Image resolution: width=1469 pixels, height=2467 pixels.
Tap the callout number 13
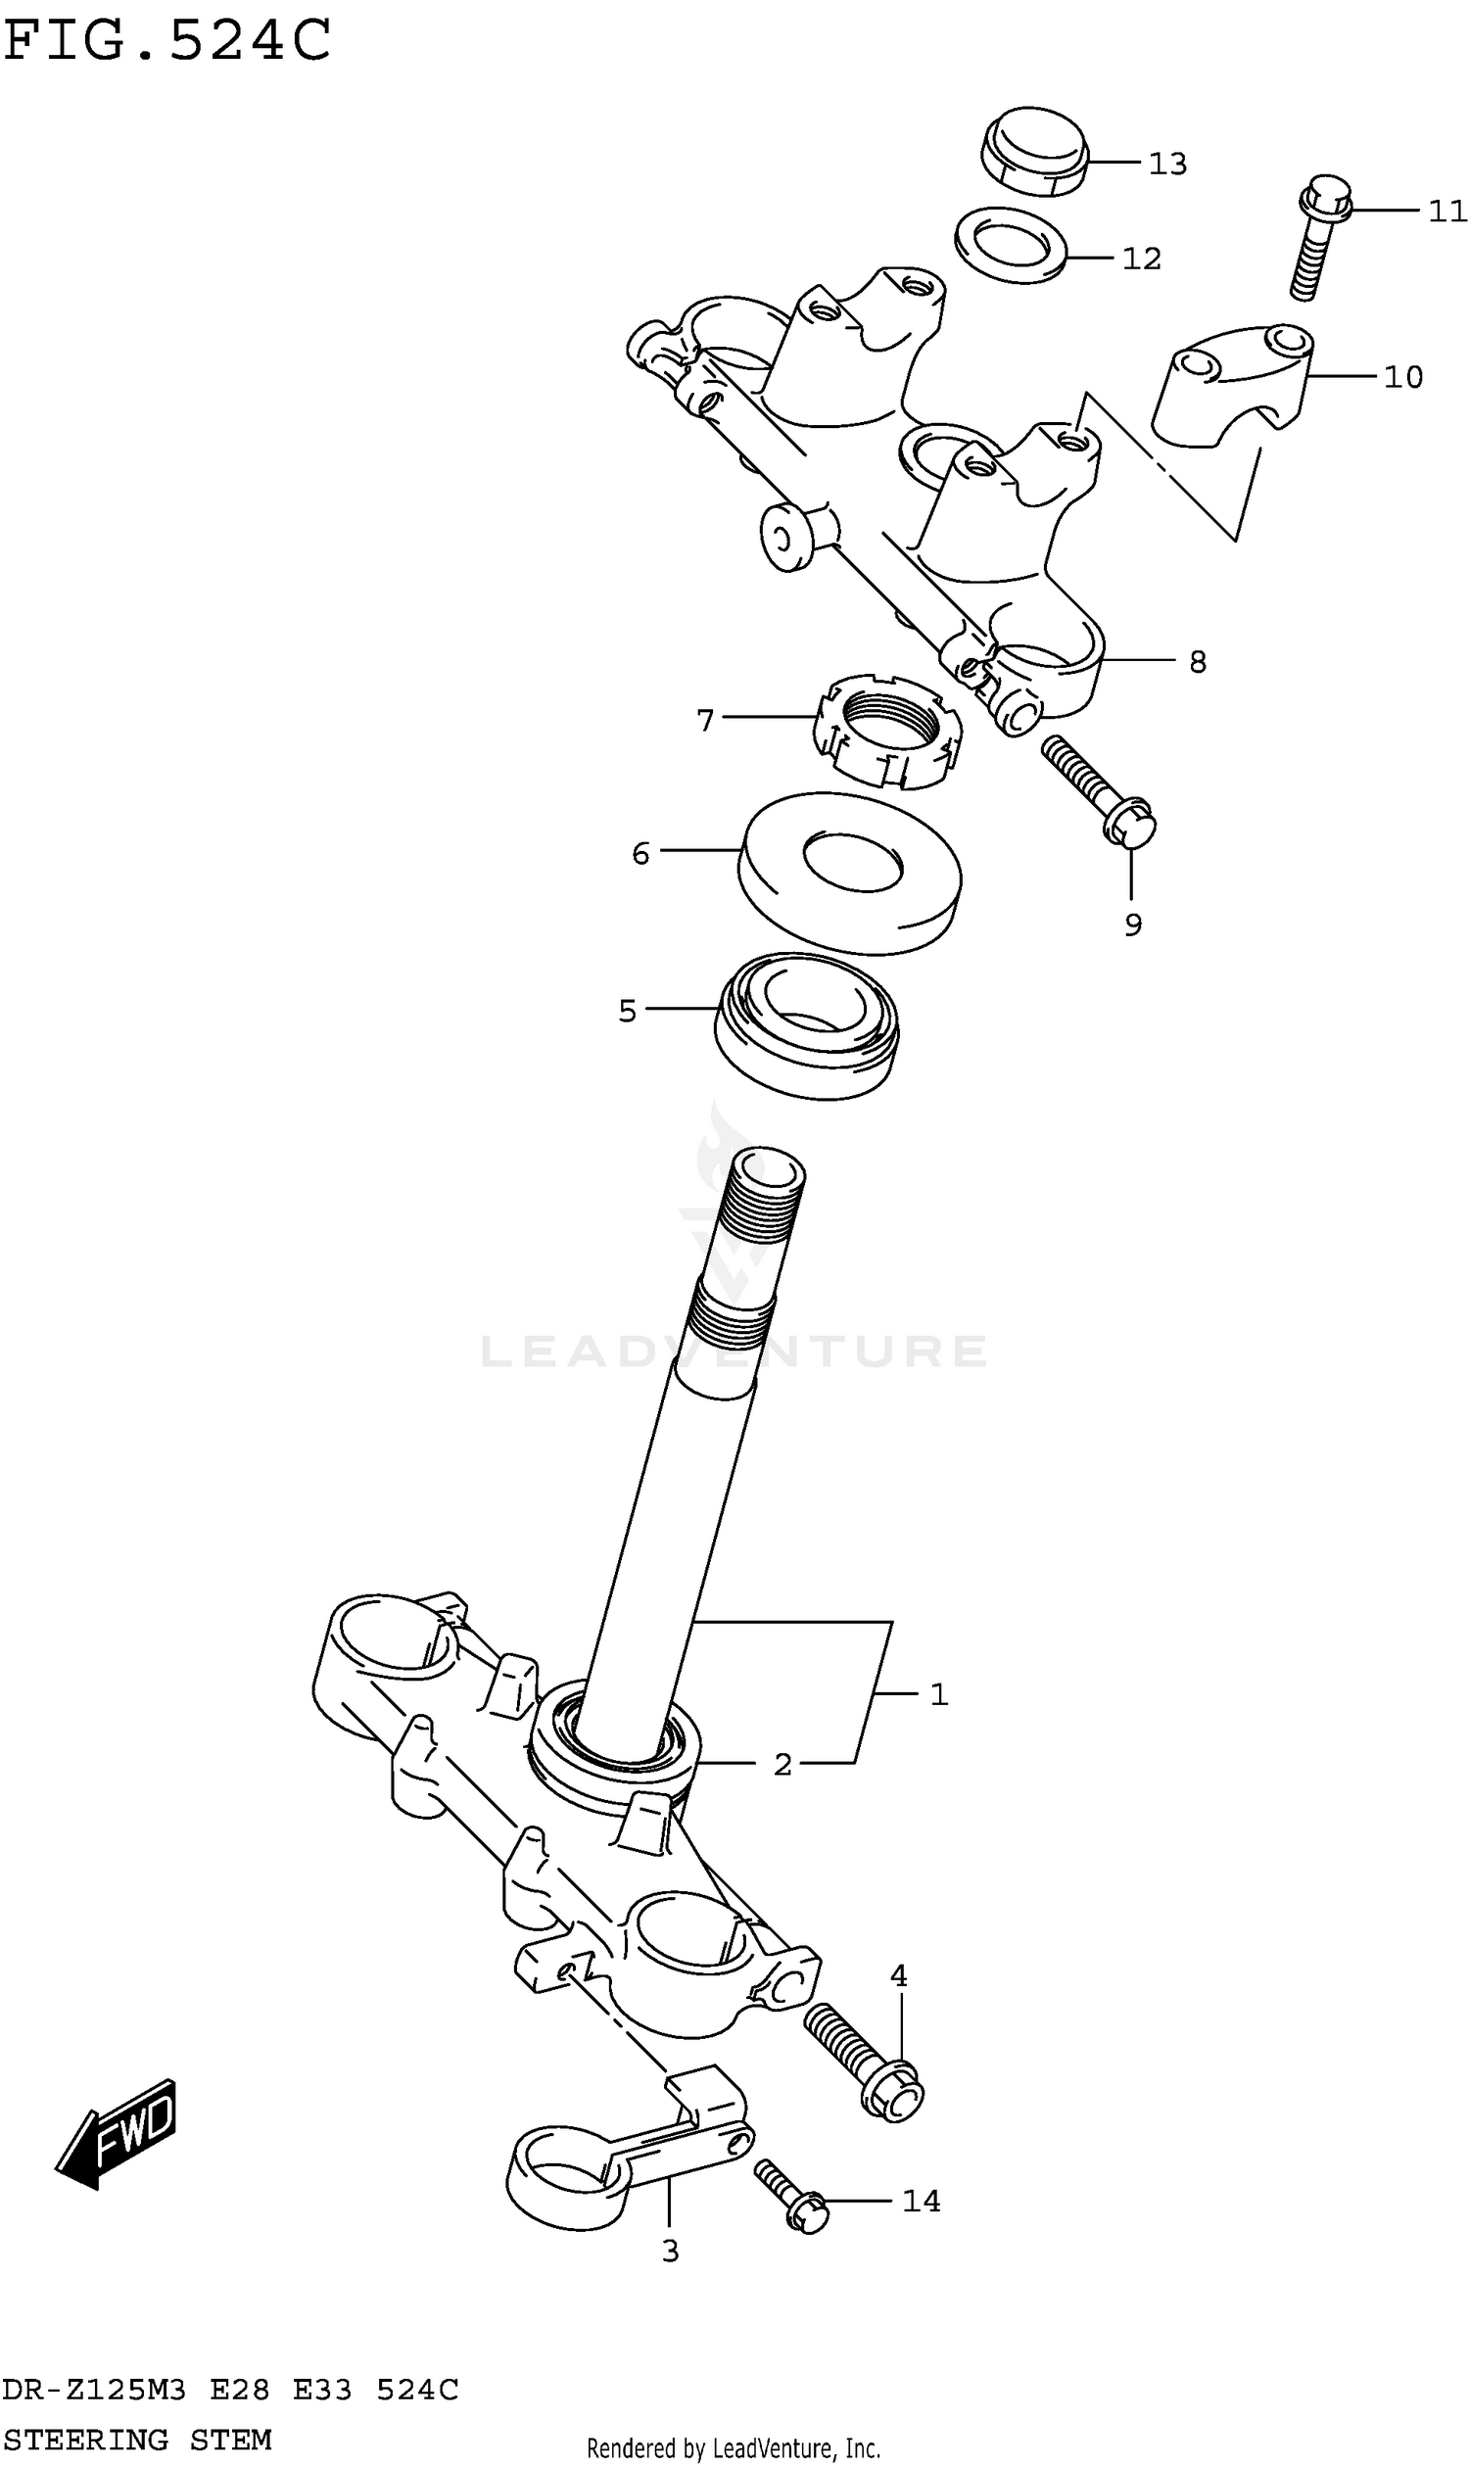(1167, 164)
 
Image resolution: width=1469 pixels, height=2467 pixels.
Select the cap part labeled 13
(1034, 152)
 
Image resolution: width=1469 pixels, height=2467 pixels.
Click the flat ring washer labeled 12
(1011, 246)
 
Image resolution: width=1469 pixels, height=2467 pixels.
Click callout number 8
(1197, 662)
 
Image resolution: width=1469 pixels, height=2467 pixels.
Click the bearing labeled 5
(807, 1024)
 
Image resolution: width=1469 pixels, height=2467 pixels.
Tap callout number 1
(938, 1694)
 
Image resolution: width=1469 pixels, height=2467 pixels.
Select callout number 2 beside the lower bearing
(782, 1763)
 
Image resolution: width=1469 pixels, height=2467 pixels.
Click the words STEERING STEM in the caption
(136, 2440)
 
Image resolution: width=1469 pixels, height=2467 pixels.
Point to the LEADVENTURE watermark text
(734, 1352)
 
